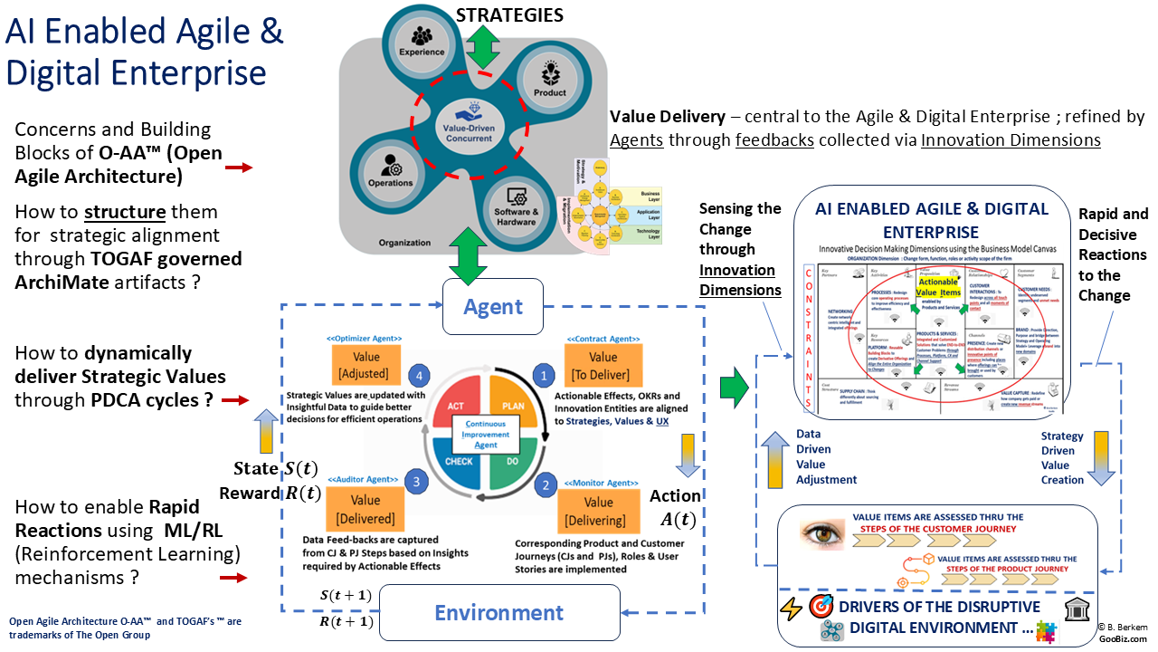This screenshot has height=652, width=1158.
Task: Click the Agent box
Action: pos(492,306)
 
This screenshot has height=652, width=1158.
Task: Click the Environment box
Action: pos(498,613)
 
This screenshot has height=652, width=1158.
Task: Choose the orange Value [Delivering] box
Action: pos(598,509)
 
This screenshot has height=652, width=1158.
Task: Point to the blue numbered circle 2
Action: pos(544,484)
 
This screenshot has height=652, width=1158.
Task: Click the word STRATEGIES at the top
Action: pos(509,15)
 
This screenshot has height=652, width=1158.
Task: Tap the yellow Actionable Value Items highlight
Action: pos(938,289)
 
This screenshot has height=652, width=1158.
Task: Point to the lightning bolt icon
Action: pos(791,609)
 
